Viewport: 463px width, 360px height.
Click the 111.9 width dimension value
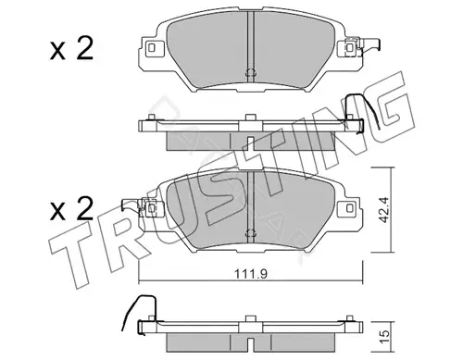[251, 274]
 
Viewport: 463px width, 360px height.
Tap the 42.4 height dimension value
[383, 210]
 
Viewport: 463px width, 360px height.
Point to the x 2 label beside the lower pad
[71, 209]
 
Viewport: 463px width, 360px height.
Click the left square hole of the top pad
[151, 47]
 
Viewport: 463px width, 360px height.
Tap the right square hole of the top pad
[349, 47]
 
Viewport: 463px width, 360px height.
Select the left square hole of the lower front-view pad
[151, 208]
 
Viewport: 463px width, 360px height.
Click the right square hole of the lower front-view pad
[349, 208]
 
